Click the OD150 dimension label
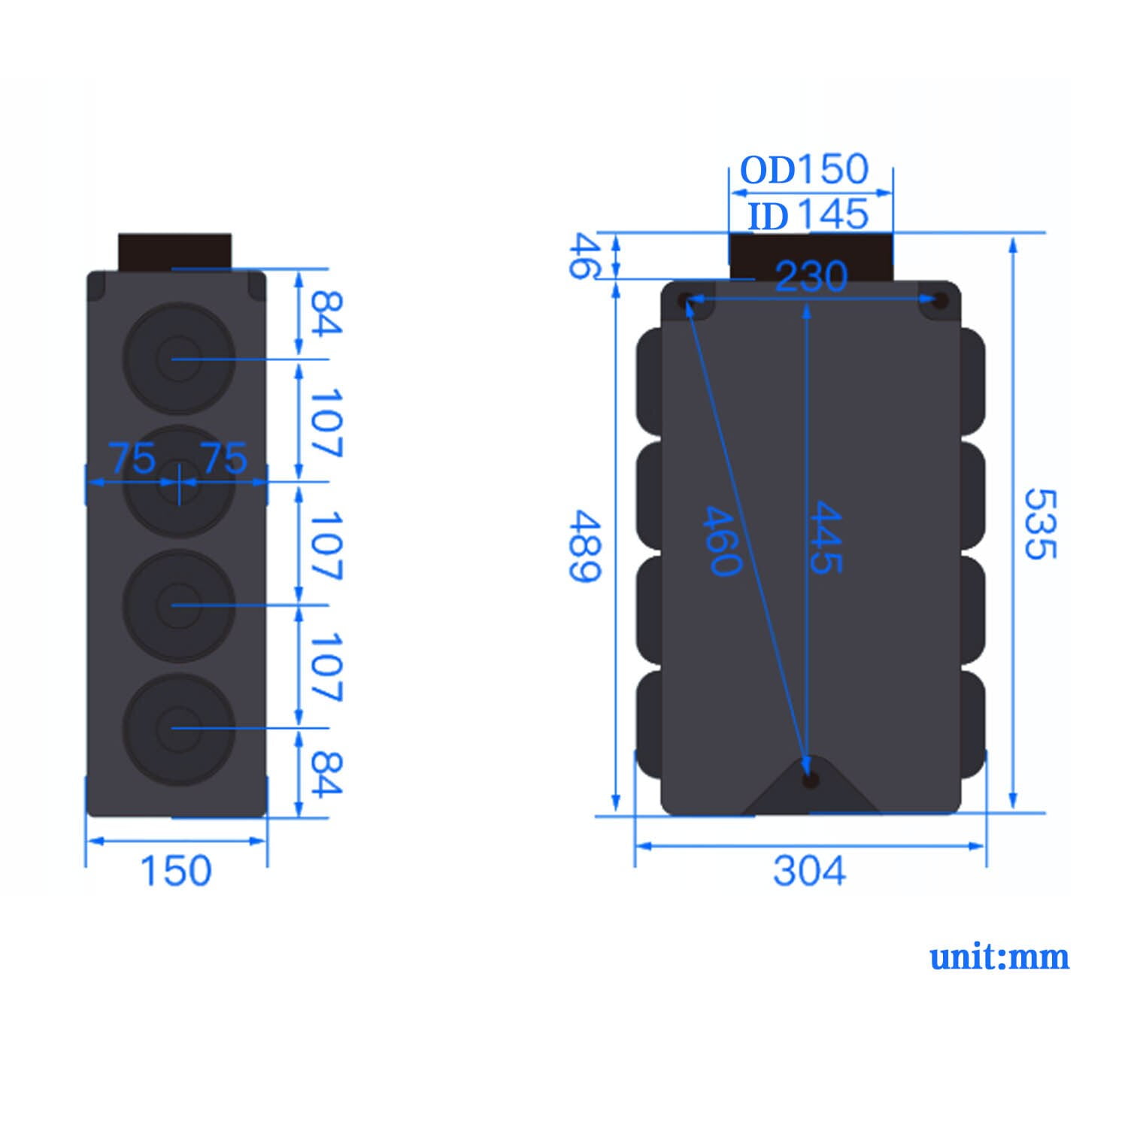804,170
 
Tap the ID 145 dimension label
808,216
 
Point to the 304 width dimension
809,871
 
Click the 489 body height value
584,546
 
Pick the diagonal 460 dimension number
722,541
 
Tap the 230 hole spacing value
811,277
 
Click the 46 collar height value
584,256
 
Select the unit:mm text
999,957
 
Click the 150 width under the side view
176,871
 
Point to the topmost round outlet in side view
179,359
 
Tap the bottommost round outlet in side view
179,728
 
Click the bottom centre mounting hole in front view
810,780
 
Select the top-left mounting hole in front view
686,301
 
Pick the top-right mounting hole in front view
938,301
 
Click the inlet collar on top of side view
174,251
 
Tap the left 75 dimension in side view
132,458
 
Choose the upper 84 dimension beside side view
326,313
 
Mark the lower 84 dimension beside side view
326,774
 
